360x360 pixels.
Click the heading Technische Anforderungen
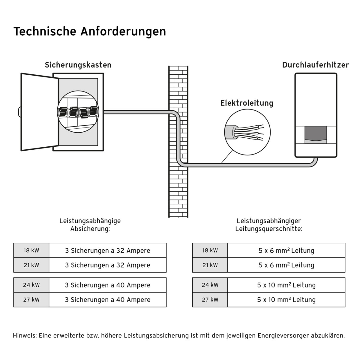pos(90,31)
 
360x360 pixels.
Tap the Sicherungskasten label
pos(78,65)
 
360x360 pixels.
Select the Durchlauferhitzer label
pos(315,65)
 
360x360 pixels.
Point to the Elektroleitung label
pos(247,103)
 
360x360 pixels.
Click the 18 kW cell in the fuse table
pos(31,250)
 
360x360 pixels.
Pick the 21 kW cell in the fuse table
pos(31,265)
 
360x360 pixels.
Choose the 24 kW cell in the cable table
pos(210,285)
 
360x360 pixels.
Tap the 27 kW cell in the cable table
pos(210,300)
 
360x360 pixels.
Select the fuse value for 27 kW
pos(107,300)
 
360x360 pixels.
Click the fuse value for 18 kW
pos(107,250)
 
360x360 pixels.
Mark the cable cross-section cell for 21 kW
pos(286,265)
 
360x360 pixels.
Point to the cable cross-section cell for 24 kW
pos(286,285)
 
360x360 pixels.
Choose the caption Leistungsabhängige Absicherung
pos(90,225)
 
